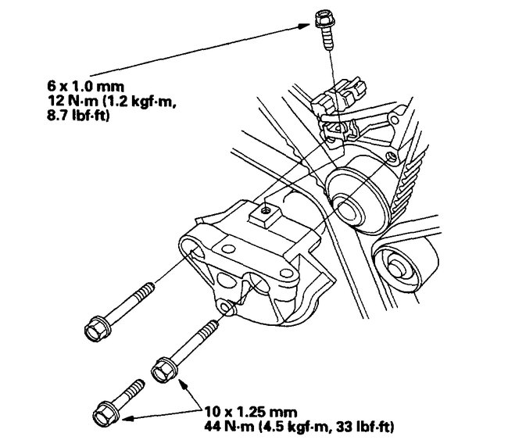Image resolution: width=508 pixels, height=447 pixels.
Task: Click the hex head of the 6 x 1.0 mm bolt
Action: (322, 16)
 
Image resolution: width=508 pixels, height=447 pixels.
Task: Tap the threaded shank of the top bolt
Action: (324, 38)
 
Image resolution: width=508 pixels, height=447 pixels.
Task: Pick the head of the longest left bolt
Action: (96, 323)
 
